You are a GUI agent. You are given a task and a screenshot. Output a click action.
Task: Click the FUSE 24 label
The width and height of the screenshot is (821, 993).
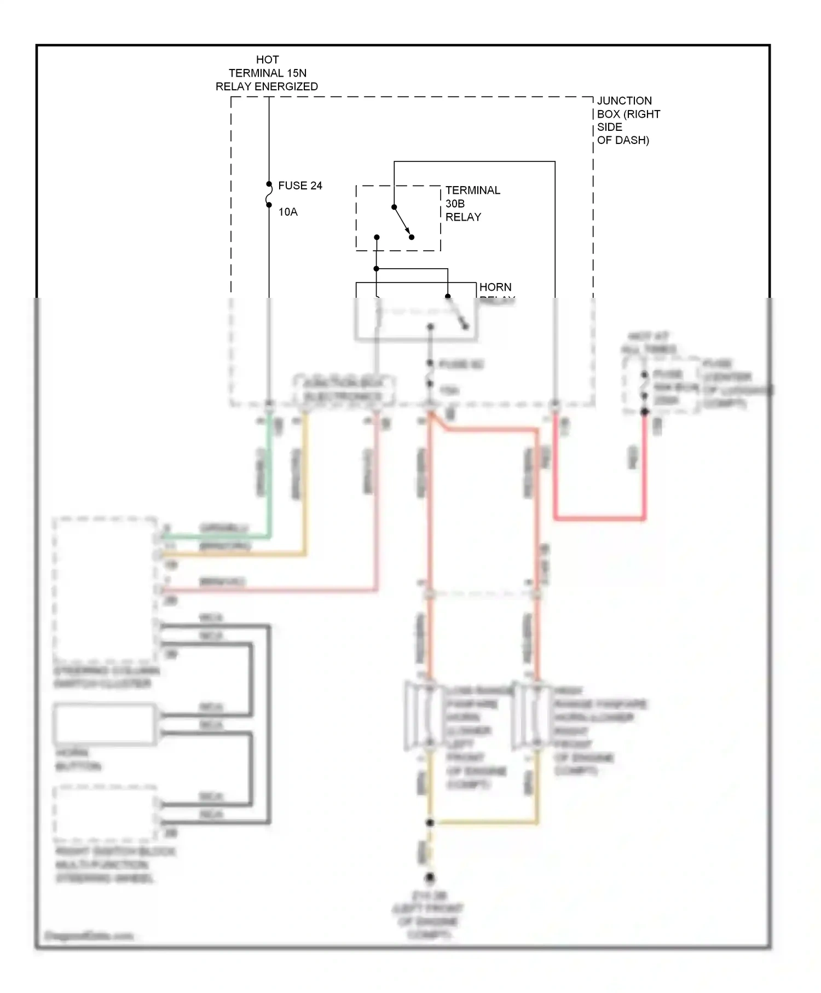pos(300,186)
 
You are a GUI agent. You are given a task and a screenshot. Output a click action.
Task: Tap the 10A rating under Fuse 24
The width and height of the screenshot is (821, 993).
pos(288,212)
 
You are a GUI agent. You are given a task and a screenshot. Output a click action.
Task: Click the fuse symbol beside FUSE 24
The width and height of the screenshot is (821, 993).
pos(269,195)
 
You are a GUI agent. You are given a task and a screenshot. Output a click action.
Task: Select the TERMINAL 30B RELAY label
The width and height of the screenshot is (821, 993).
pos(472,204)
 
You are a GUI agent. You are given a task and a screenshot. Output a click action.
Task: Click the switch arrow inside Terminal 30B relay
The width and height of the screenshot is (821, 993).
pos(403,222)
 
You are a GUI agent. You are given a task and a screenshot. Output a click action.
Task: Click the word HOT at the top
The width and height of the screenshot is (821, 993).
pos(267,60)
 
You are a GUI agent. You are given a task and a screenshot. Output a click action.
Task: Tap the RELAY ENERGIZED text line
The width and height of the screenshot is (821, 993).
pos(267,86)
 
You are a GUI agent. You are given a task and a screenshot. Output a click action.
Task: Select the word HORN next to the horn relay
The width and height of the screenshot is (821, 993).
pos(495,287)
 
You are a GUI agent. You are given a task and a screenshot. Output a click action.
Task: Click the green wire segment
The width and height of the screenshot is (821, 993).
pos(269,482)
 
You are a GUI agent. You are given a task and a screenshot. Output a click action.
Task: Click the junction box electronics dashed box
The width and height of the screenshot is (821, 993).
pos(344,390)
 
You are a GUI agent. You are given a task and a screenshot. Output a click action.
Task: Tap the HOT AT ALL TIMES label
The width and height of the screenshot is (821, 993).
pos(648,343)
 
